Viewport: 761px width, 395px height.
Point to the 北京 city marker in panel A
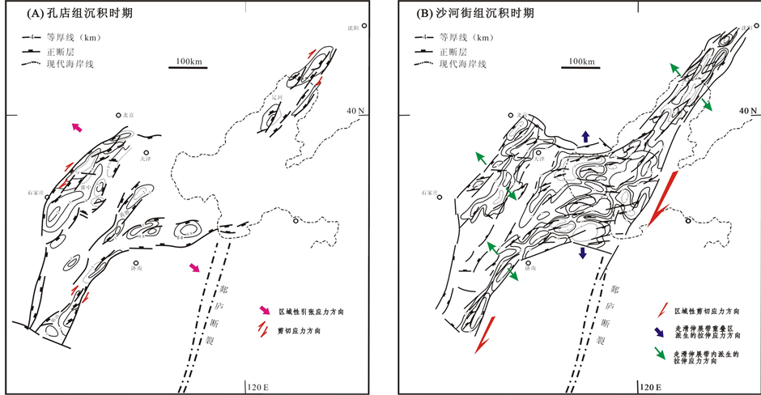point(119,116)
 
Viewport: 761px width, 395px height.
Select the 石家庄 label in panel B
point(429,193)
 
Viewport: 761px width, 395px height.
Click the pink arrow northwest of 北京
point(78,127)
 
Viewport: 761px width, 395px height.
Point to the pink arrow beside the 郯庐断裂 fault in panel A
point(195,268)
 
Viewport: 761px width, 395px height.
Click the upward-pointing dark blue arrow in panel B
point(585,136)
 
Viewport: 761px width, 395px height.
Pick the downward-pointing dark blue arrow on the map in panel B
point(583,253)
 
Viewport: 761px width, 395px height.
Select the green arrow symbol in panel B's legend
point(662,355)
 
